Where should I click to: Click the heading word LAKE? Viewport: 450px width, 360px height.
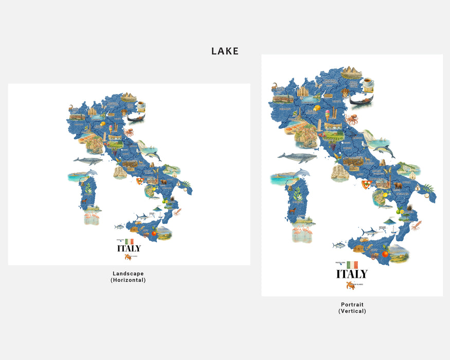tap(225, 51)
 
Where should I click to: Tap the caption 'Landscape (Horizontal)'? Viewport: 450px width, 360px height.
tap(128, 277)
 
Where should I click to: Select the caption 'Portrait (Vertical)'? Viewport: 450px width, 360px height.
tap(352, 308)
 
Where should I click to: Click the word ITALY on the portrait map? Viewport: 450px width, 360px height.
tap(352, 274)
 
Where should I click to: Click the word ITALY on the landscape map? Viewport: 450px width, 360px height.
tap(129, 248)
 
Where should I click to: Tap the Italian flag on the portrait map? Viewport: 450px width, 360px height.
tap(352, 264)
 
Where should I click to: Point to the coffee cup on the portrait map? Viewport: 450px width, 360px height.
tap(367, 82)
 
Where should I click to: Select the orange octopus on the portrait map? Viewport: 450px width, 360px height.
tap(353, 120)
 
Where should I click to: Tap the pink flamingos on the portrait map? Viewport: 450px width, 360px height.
tap(303, 235)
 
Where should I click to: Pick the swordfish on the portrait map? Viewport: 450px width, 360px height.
tap(373, 232)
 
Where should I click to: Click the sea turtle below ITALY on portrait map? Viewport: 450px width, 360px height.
tap(351, 285)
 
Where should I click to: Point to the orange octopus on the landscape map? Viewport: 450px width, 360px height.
tap(129, 132)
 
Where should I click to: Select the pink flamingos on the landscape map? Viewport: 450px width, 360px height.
tap(92, 217)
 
